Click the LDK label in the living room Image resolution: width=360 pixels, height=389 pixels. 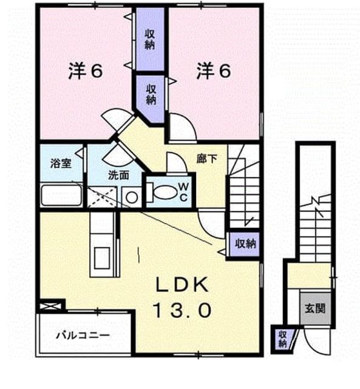pyautogui.click(x=182, y=284)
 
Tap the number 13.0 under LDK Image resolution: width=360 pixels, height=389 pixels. pyautogui.click(x=182, y=310)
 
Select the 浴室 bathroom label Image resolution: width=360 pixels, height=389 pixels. pyautogui.click(x=61, y=164)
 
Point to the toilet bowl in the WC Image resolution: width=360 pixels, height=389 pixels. pyautogui.click(x=165, y=192)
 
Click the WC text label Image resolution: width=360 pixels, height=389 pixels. pyautogui.click(x=183, y=192)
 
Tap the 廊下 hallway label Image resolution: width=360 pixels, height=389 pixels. pyautogui.click(x=206, y=159)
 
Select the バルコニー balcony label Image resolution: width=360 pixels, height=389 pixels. pyautogui.click(x=83, y=336)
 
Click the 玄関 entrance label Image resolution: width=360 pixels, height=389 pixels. pyautogui.click(x=315, y=309)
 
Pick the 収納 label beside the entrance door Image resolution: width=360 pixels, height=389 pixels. pyautogui.click(x=282, y=339)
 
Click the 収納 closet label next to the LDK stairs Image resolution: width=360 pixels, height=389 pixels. pyautogui.click(x=245, y=244)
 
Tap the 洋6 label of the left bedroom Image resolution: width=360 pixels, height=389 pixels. pyautogui.click(x=85, y=71)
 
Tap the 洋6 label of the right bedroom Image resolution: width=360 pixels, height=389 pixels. pyautogui.click(x=214, y=71)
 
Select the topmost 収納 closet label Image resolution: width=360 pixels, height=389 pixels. pyautogui.click(x=150, y=39)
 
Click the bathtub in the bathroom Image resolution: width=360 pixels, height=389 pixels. pyautogui.click(x=61, y=195)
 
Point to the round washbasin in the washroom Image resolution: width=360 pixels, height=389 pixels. pyautogui.click(x=132, y=198)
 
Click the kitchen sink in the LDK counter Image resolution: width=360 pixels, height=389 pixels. pyautogui.click(x=102, y=258)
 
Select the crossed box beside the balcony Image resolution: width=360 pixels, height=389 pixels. pyautogui.click(x=50, y=306)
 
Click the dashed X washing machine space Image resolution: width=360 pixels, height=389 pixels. pyautogui.click(x=102, y=197)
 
